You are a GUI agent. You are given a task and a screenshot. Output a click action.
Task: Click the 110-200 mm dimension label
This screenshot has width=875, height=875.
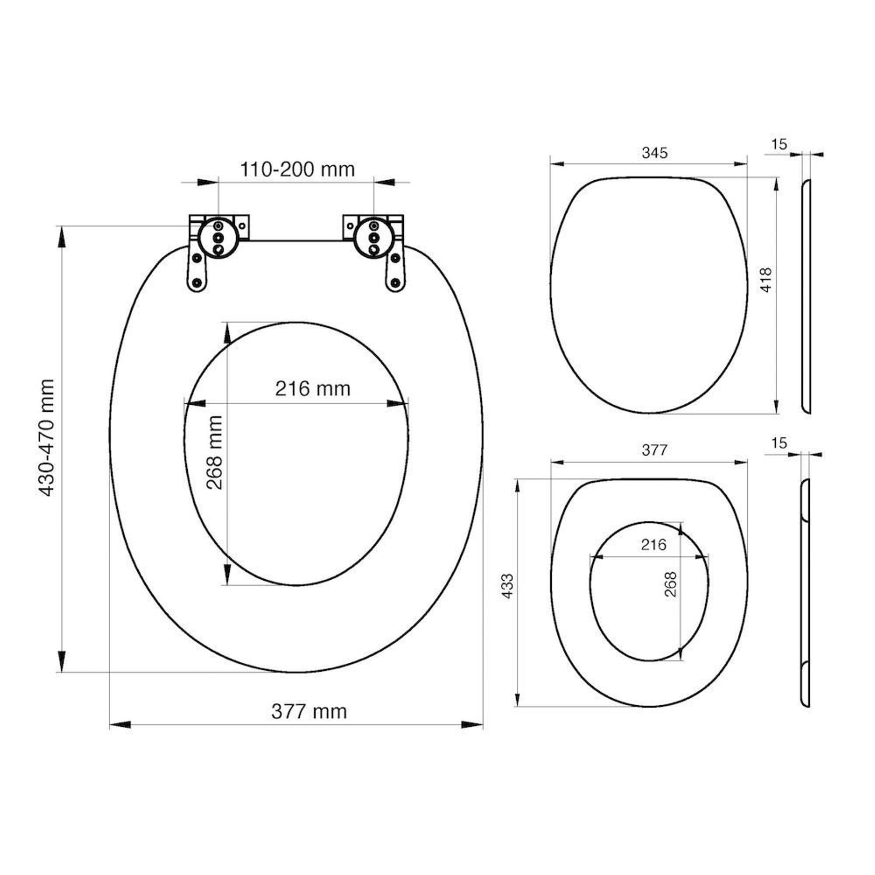(x=297, y=169)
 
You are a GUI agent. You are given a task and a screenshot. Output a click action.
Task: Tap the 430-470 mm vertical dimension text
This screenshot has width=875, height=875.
(x=46, y=437)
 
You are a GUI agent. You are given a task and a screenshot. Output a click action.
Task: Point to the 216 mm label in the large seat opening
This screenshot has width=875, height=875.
(x=313, y=388)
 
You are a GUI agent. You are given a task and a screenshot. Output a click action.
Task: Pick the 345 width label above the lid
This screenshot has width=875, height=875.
(x=654, y=153)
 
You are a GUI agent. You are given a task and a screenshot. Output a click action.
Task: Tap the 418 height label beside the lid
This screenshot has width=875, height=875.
(x=766, y=280)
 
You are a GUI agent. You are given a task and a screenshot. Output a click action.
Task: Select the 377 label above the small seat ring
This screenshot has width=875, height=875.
(x=654, y=450)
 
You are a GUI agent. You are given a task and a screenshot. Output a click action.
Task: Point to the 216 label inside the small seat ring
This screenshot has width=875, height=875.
(x=654, y=544)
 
